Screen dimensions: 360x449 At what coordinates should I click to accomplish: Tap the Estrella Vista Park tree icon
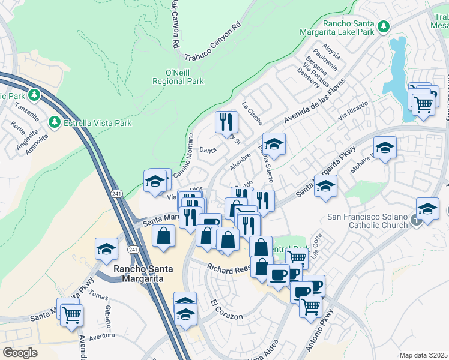(55, 122)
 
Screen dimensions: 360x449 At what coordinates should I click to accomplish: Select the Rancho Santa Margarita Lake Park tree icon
(383, 27)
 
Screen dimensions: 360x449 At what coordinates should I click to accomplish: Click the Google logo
(20, 353)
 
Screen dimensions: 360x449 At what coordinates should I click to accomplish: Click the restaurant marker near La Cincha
(227, 122)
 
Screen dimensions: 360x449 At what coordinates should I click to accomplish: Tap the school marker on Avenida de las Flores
(274, 144)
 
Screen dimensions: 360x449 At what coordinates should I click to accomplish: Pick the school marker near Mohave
(384, 147)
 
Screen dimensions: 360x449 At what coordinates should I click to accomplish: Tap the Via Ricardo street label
(352, 110)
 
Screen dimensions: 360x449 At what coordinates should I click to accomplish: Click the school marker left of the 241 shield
(106, 248)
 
